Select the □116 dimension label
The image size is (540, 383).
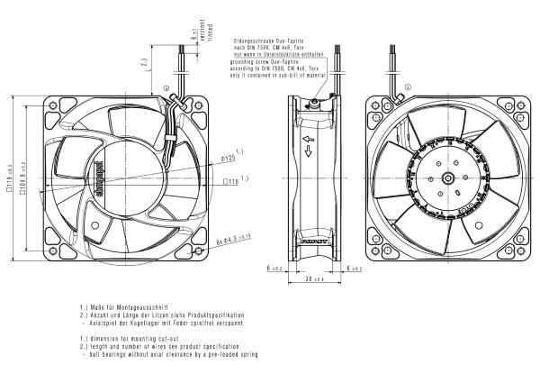click(230, 181)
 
